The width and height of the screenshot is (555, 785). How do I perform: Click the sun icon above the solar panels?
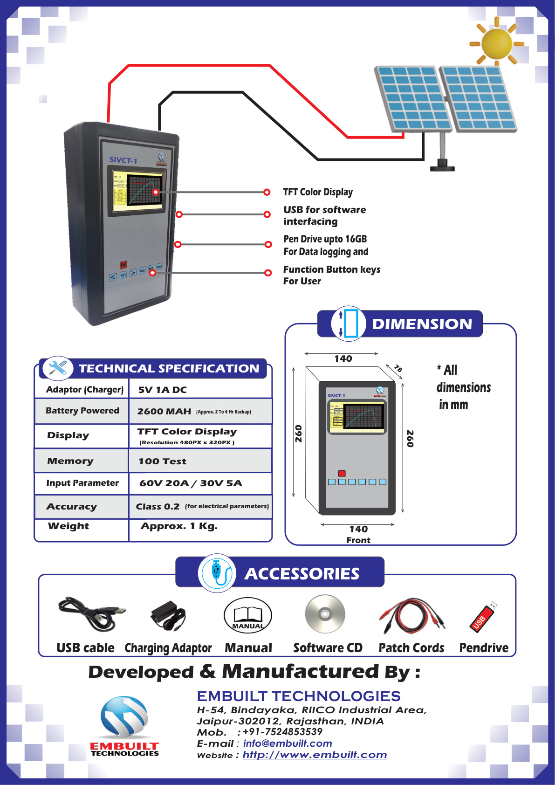point(497,43)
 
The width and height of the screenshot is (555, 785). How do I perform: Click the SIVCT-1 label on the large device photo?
point(123,160)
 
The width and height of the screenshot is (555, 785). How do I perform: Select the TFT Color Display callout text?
point(318,192)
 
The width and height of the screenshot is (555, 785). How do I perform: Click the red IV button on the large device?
point(123,264)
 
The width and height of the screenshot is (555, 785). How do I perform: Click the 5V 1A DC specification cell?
point(162,390)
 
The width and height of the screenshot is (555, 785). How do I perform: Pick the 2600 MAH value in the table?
point(164,411)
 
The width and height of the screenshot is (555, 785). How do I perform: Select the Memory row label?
point(70,461)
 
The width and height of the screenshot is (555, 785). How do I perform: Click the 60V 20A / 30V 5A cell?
point(191,483)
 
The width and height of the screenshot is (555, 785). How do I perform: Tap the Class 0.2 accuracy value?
point(158,506)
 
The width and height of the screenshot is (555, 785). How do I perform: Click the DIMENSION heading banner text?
point(422,324)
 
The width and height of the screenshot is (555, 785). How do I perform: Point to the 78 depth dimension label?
point(397,368)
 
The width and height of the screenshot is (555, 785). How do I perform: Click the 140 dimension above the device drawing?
point(343,358)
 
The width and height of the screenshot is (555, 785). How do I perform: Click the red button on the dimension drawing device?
point(342,473)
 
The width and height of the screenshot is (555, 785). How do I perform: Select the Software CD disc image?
point(325,614)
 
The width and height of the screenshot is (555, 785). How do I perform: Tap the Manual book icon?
point(247,615)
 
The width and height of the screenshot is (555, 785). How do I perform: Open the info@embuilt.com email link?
point(288,744)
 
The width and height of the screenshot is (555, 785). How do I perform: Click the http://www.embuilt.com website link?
point(315,755)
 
